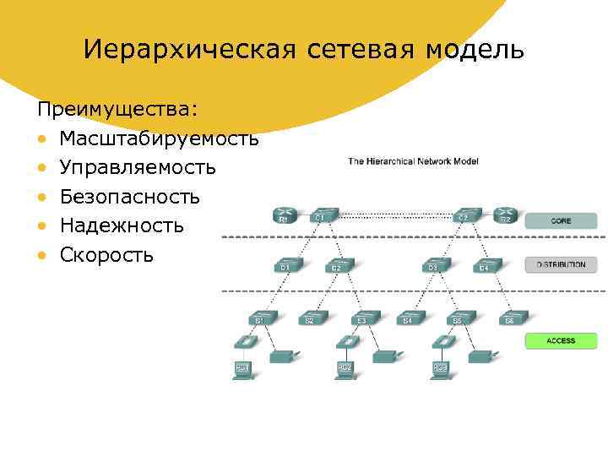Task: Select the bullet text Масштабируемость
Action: point(159,138)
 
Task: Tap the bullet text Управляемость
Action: point(138,167)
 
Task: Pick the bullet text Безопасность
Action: point(130,197)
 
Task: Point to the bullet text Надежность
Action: point(122,225)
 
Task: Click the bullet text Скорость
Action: point(106,254)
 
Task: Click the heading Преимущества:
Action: point(117,110)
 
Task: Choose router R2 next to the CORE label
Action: point(505,214)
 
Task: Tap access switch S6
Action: point(510,318)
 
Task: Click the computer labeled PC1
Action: point(243,365)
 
